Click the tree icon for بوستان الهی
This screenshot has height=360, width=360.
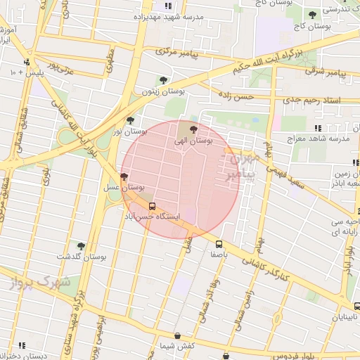[193, 129]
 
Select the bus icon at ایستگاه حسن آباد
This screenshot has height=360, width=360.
[153, 206]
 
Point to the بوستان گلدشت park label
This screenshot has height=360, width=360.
[83, 257]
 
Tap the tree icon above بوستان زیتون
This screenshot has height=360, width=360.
[163, 80]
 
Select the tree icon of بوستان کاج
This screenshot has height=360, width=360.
[312, 15]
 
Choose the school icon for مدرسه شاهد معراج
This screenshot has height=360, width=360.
[318, 128]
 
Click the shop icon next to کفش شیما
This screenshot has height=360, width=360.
[176, 335]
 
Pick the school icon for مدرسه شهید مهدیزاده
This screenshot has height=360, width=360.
[167, 6]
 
